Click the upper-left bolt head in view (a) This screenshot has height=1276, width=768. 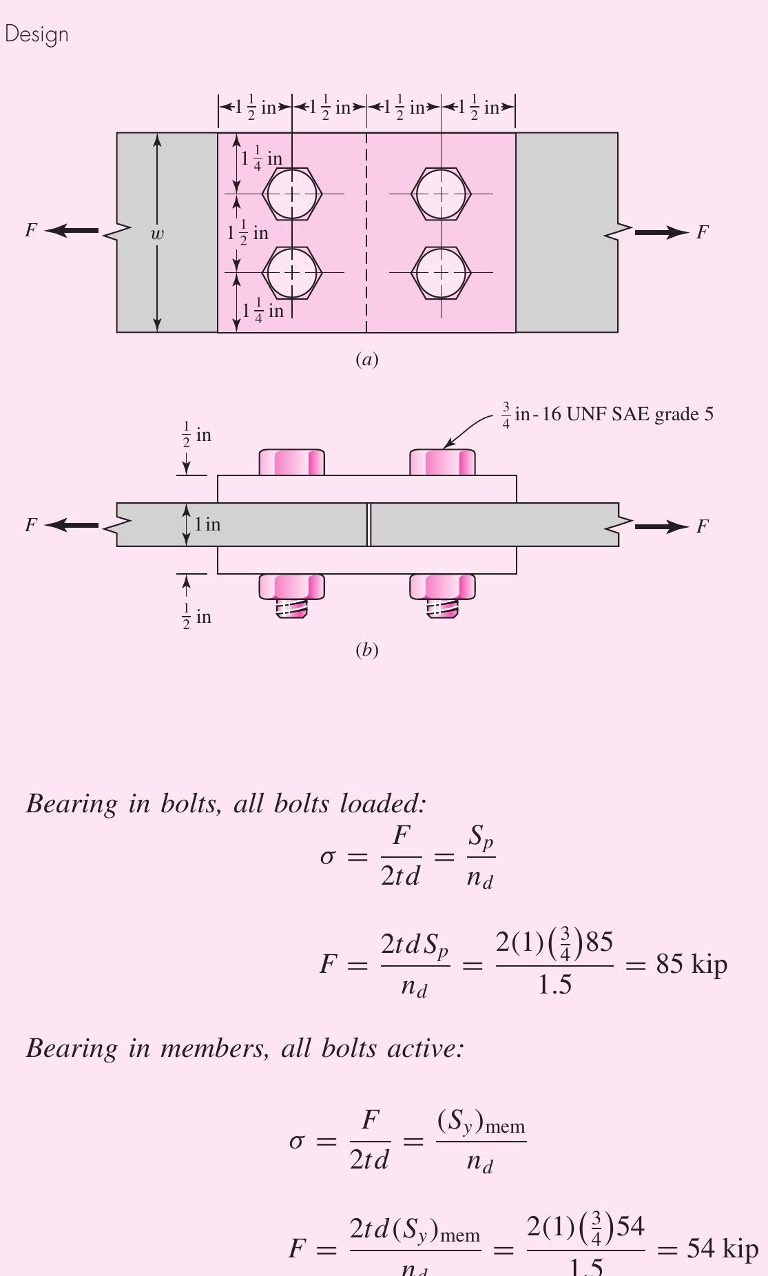click(293, 194)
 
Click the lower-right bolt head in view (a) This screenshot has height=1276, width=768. click(442, 273)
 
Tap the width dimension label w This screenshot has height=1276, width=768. click(158, 234)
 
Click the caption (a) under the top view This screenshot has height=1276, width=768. click(366, 359)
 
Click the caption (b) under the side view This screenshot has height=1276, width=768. click(366, 650)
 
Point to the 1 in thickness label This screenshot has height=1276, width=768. click(207, 524)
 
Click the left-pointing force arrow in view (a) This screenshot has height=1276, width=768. click(72, 231)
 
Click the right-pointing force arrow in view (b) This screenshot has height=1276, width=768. click(661, 527)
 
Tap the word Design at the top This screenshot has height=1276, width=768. click(37, 34)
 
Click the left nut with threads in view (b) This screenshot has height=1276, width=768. click(292, 595)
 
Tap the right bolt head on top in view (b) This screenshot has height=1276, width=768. click(442, 462)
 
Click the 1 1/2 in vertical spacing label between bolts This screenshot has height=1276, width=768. click(248, 233)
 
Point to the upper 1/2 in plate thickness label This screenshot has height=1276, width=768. click(196, 435)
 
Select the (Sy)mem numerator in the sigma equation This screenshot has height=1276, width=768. click(481, 1122)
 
